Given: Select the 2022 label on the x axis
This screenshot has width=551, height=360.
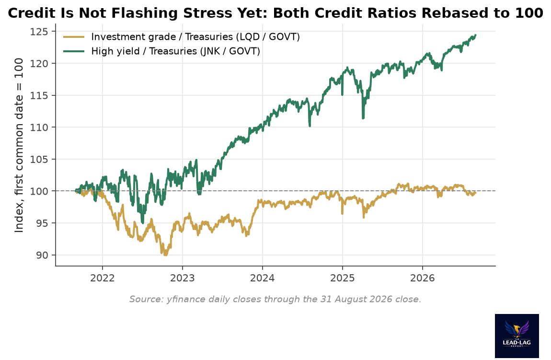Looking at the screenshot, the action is [x=102, y=278].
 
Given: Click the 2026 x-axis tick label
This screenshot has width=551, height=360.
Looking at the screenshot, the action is [x=423, y=278].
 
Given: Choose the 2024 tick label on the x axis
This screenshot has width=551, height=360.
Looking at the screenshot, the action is [x=262, y=278].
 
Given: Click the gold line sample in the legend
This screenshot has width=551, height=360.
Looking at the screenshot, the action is [x=74, y=36].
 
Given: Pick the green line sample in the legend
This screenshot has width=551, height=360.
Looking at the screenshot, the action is [x=74, y=51].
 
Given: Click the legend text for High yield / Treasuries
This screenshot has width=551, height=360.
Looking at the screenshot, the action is [x=176, y=51].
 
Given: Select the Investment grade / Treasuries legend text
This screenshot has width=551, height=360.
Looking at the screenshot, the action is [x=195, y=37].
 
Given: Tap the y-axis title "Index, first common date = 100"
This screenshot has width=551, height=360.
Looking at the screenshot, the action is [x=19, y=145].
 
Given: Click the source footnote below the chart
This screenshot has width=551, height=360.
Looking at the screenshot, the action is [x=275, y=299].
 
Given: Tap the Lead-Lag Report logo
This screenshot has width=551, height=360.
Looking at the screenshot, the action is [x=517, y=336].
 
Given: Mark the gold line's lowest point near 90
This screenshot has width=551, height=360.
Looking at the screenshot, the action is [x=165, y=255].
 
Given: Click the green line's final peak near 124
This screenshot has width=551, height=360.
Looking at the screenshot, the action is [x=475, y=35].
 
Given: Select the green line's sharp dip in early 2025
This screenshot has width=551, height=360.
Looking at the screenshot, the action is [x=363, y=118].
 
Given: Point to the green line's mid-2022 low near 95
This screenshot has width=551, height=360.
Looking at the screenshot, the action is [x=142, y=222].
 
